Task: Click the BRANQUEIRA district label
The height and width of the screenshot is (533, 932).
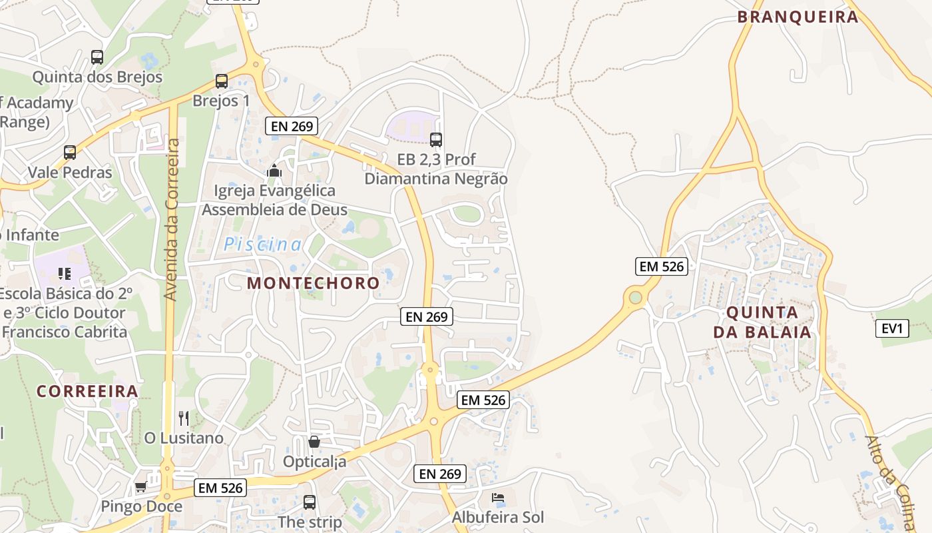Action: [x=798, y=17]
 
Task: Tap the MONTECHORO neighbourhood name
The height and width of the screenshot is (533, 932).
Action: [x=313, y=282]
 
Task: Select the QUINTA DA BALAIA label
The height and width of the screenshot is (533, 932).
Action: [x=762, y=322]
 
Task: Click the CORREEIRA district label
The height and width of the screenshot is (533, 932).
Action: [x=87, y=391]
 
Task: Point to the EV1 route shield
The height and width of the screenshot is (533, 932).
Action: [x=891, y=328]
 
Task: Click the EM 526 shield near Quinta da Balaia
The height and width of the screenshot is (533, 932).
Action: [x=661, y=266]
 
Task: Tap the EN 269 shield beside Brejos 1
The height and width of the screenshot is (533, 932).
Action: [x=291, y=125]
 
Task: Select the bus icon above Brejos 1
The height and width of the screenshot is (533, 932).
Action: [x=222, y=81]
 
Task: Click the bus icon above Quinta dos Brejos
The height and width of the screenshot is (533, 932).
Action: [x=97, y=57]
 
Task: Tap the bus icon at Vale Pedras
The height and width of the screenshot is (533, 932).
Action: [x=70, y=152]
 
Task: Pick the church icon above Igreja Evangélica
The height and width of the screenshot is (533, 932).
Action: [x=274, y=171]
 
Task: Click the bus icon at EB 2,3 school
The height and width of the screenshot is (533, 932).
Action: [x=436, y=140]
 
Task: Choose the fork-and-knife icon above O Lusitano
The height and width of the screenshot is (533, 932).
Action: [x=184, y=418]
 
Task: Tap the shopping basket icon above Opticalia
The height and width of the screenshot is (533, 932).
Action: [x=314, y=442]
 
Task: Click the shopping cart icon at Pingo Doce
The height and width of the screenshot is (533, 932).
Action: [x=140, y=487]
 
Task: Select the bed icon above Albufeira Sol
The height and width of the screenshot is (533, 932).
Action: [x=498, y=498]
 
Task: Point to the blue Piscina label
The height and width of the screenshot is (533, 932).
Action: [x=262, y=245]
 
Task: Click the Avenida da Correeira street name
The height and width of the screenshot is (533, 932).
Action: [x=172, y=220]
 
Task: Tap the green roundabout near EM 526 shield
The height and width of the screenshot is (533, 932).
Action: [x=636, y=296]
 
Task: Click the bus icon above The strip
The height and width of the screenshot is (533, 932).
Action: [x=310, y=502]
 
